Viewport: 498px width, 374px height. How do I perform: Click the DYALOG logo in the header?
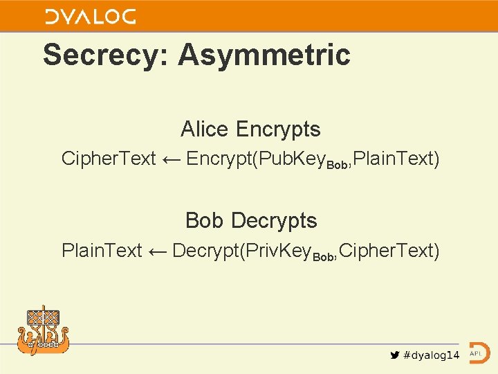[90, 16]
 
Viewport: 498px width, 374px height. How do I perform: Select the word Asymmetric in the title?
[264, 55]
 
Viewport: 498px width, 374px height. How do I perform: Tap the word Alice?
[204, 129]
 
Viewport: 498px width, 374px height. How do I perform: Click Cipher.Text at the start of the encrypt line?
[109, 159]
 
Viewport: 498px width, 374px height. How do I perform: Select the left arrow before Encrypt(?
[171, 159]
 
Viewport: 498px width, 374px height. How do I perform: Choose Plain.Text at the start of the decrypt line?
[102, 250]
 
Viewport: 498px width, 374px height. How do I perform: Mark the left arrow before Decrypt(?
[157, 251]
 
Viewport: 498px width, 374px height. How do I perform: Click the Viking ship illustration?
[43, 330]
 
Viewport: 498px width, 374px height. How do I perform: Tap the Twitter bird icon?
[395, 355]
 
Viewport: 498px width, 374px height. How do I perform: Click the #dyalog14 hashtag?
[432, 355]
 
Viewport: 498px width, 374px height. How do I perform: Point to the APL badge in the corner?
[478, 353]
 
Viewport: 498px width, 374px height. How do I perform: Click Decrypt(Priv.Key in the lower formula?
[241, 250]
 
